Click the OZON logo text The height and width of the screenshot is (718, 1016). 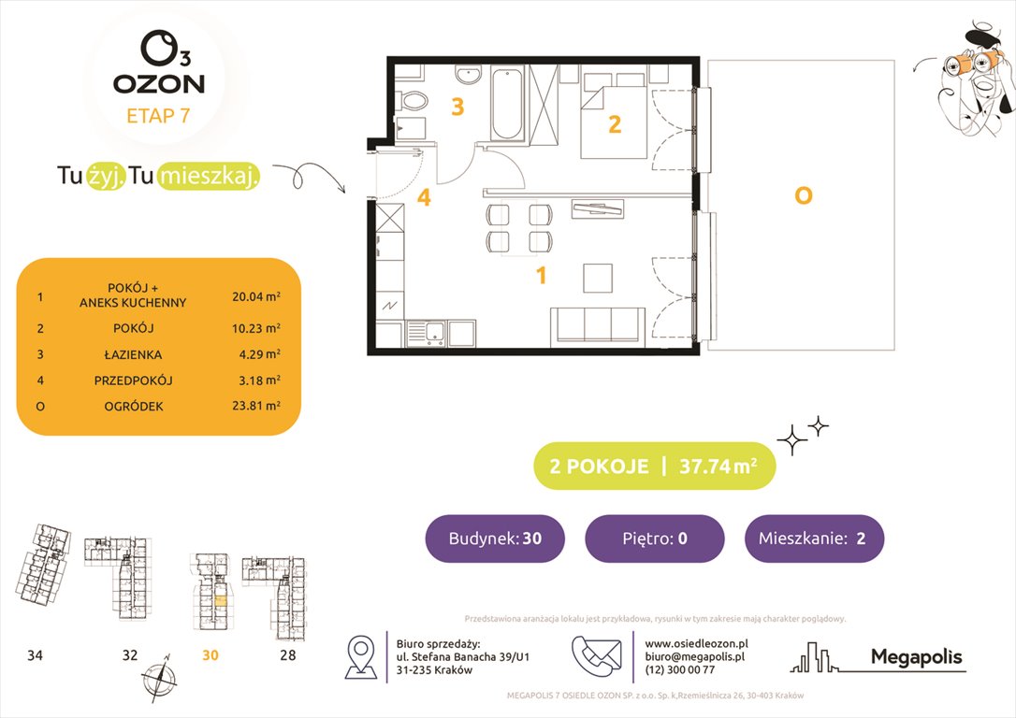tap(158, 83)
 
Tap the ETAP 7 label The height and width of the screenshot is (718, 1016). tap(158, 117)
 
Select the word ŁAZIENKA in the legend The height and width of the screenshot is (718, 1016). tap(132, 354)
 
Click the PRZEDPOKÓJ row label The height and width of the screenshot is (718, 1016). tap(132, 381)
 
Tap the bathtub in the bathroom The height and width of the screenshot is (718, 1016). tap(508, 104)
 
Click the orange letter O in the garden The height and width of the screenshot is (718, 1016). tap(802, 196)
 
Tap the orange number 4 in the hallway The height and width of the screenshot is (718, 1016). tap(424, 198)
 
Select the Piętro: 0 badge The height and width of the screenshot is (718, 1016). tap(654, 538)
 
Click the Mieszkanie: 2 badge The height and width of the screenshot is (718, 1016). tap(814, 538)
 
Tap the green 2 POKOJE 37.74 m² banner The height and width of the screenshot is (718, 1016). tap(654, 467)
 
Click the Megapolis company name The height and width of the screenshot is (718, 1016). tap(916, 657)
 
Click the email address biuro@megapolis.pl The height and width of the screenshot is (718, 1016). tap(694, 657)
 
